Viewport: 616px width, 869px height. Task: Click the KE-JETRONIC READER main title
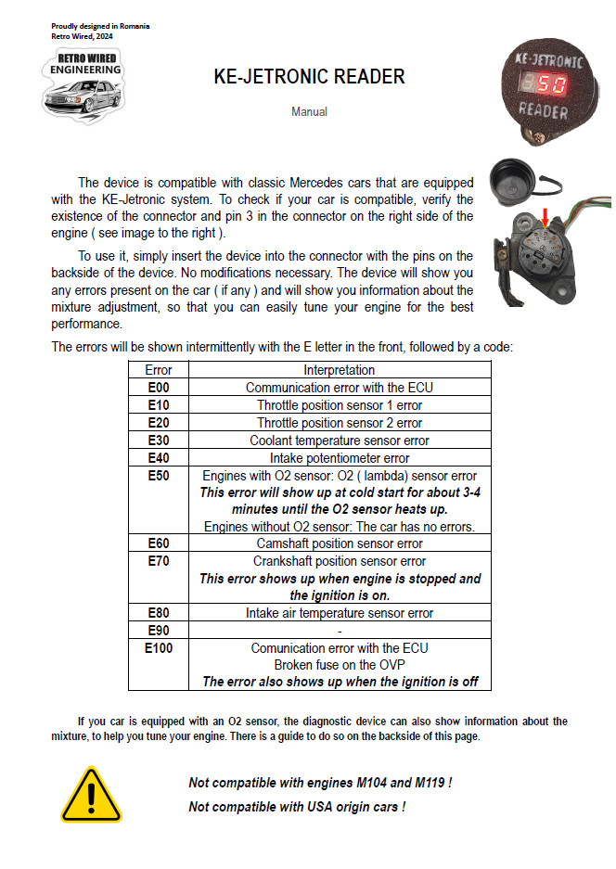309,76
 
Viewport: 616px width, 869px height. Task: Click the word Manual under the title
309,112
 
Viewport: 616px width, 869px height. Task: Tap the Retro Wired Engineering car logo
83,85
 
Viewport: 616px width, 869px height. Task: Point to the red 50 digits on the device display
549,85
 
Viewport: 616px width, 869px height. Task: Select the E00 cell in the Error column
159,388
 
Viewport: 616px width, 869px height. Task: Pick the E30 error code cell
159,441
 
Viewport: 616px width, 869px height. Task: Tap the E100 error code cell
159,648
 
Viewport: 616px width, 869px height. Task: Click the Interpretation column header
340,370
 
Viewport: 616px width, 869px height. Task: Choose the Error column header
159,370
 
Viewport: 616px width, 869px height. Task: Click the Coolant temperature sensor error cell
340,441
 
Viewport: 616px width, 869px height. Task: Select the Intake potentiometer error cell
340,458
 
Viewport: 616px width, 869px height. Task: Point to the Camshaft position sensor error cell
340,543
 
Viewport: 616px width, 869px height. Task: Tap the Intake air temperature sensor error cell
340,613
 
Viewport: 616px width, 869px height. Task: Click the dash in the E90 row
340,631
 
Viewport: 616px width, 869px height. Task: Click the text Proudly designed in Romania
100,26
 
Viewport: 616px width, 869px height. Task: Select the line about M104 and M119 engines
320,783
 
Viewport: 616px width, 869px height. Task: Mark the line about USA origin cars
297,807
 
